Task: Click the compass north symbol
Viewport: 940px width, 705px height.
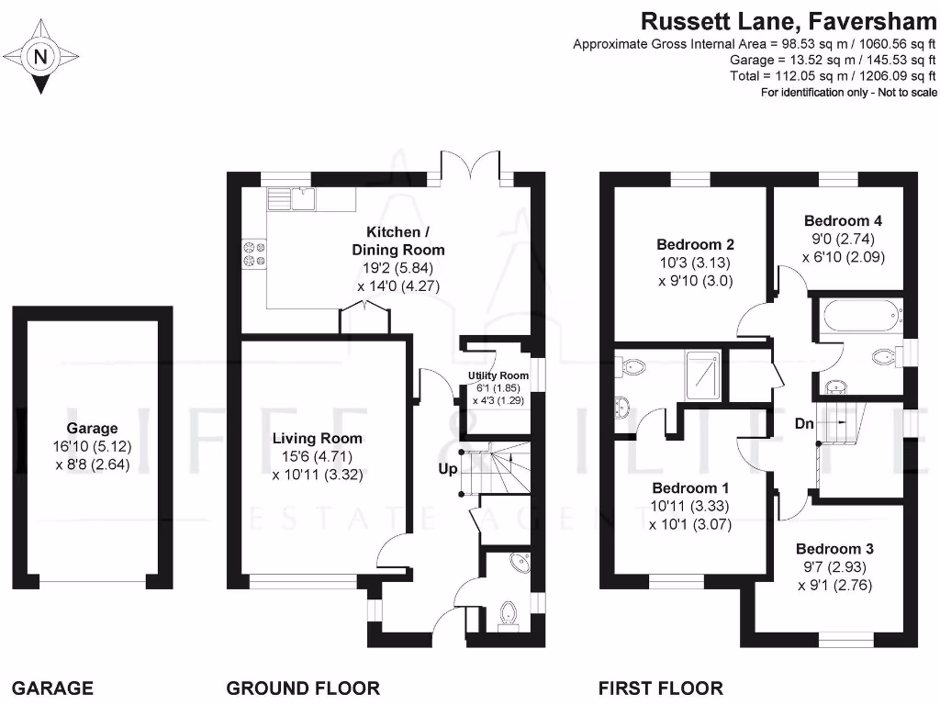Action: [x=39, y=58]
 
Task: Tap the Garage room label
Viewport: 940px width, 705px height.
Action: [x=92, y=428]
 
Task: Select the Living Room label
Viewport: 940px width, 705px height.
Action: [x=317, y=438]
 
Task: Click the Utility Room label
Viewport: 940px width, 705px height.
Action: [x=498, y=375]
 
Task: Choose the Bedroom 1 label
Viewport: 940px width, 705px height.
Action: [x=690, y=487]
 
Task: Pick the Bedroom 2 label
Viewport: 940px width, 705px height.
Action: [x=695, y=244]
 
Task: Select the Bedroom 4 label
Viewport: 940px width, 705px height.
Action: [x=843, y=220]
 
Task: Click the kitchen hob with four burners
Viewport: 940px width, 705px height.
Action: [x=252, y=252]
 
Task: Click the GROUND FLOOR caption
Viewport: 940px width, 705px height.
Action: [x=303, y=688]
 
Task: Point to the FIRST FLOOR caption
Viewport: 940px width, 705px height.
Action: [x=660, y=688]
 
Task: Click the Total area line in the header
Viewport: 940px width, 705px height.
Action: [x=834, y=76]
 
